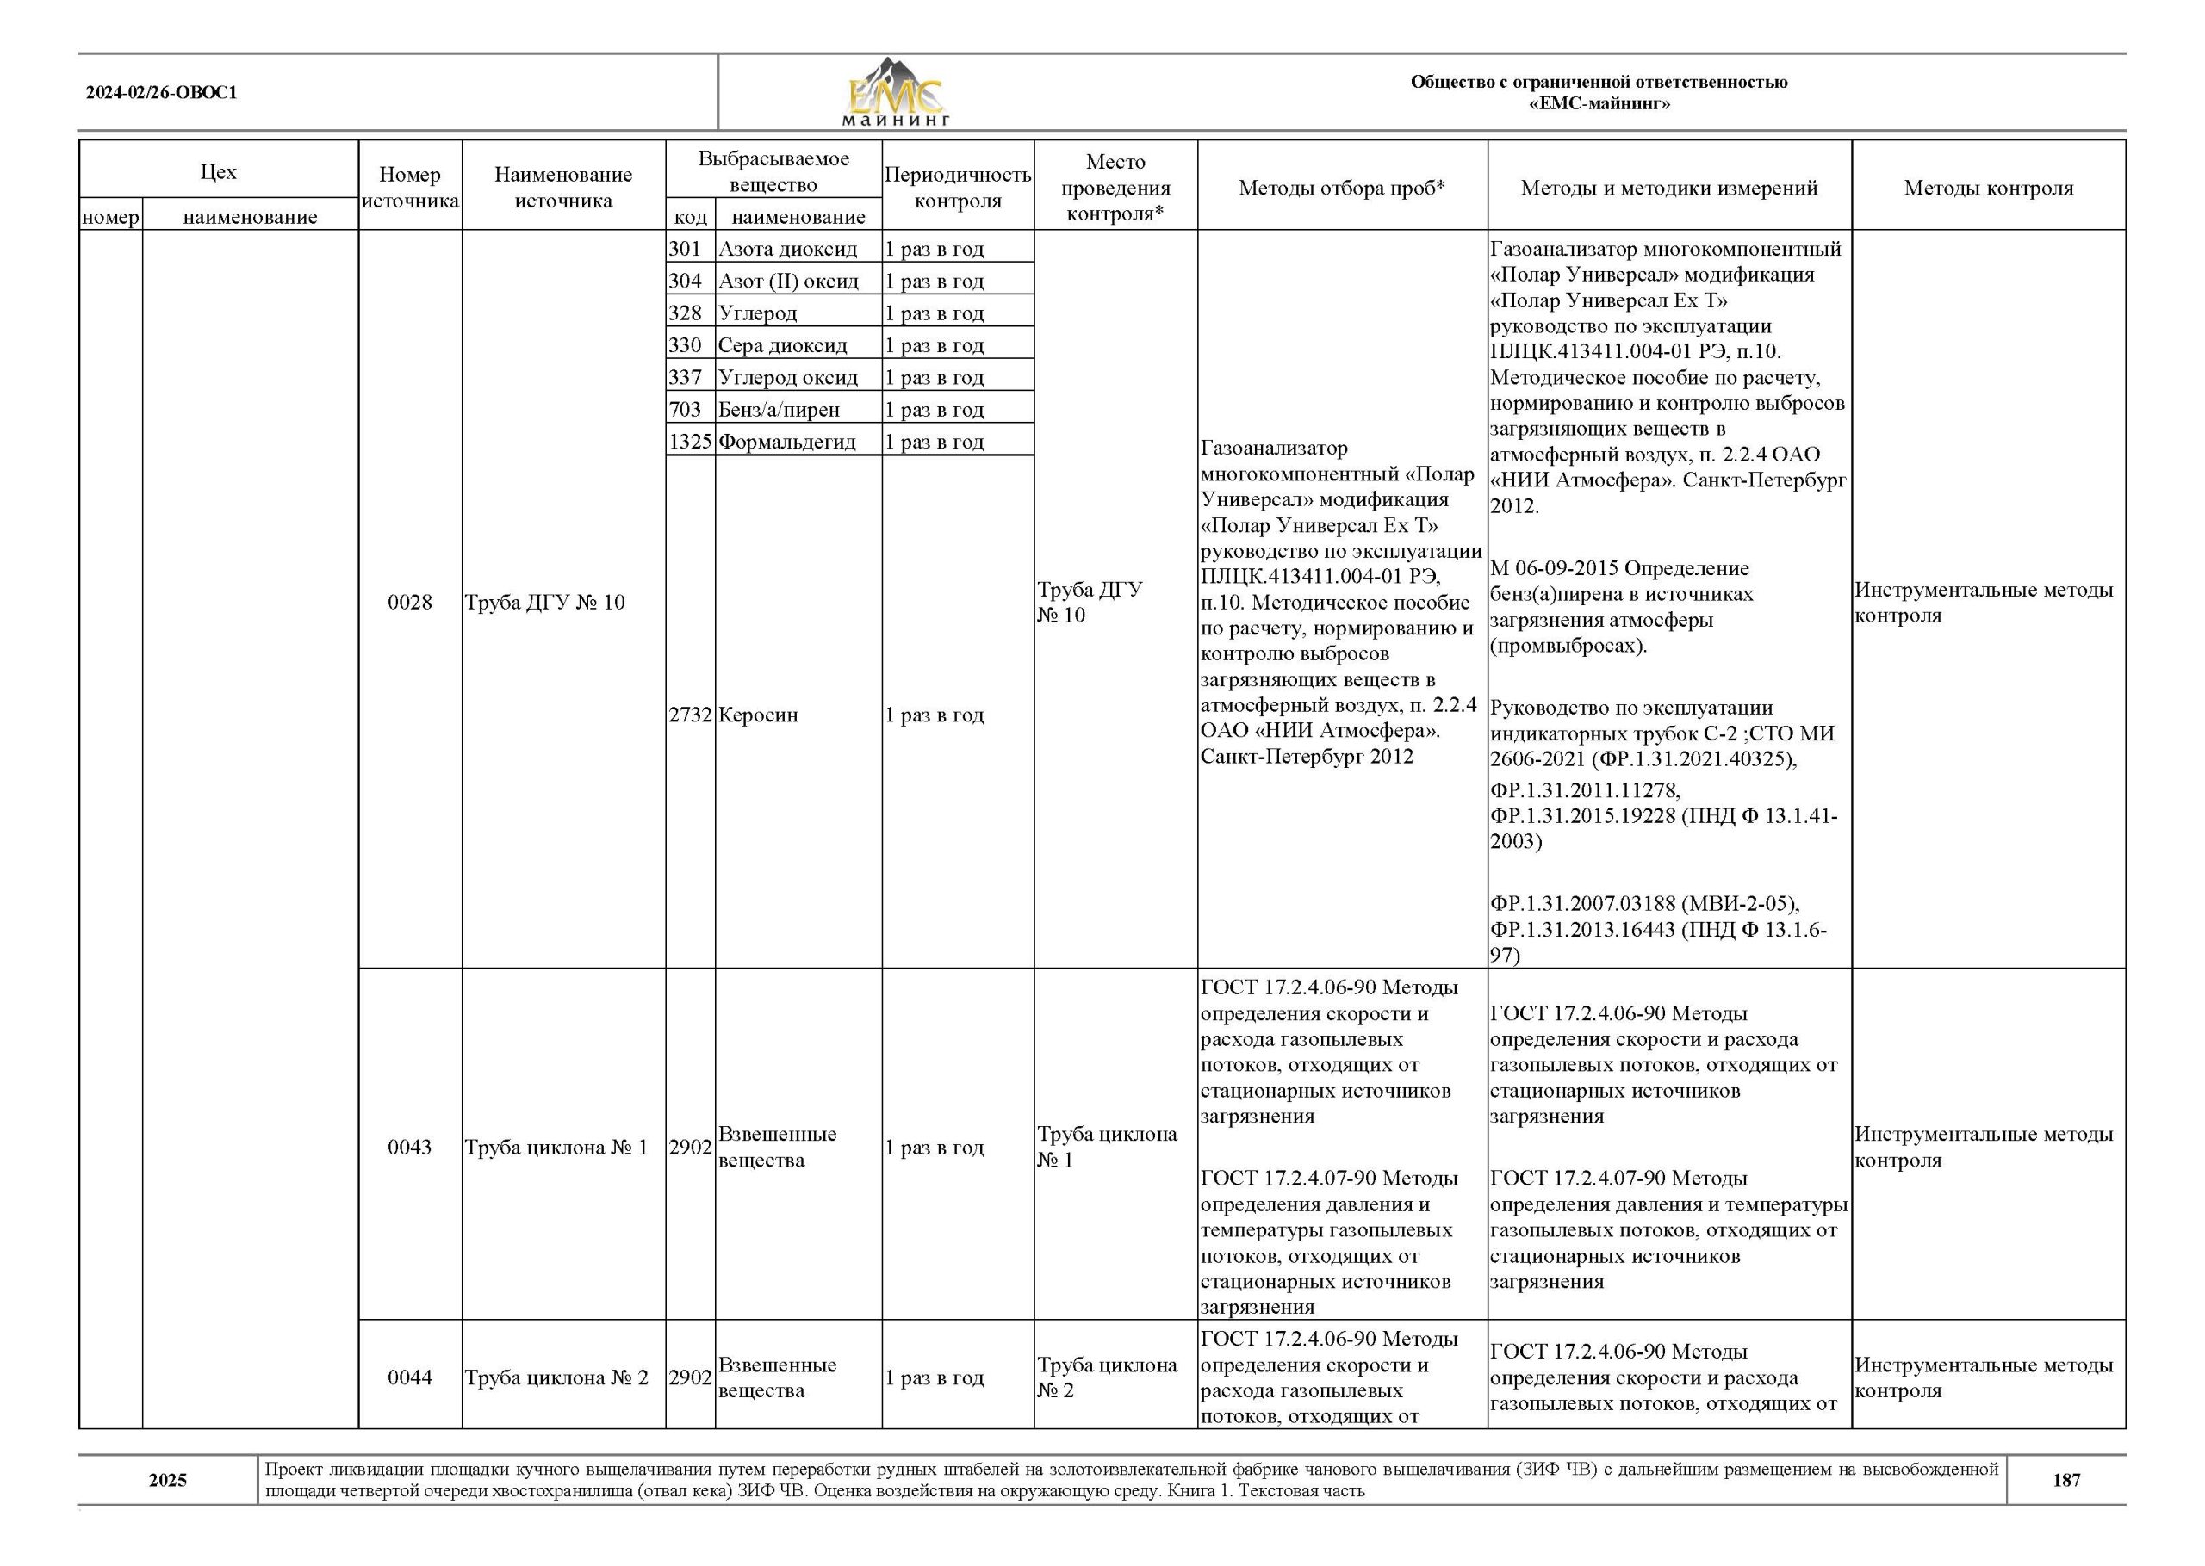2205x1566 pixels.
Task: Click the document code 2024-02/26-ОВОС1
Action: (161, 94)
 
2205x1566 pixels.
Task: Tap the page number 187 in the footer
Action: (2066, 1480)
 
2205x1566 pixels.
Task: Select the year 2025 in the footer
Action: (168, 1480)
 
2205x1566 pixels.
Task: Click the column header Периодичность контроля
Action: (957, 188)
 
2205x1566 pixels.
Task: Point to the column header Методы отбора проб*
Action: (1342, 188)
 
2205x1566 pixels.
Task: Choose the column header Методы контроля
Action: (1988, 188)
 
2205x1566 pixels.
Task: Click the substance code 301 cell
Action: (685, 249)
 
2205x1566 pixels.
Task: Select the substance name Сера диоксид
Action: (782, 345)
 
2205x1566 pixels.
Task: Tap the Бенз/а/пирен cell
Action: (779, 410)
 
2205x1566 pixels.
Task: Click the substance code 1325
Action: (690, 442)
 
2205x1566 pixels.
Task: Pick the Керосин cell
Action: (758, 715)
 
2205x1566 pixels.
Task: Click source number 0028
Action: (410, 603)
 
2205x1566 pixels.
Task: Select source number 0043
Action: (410, 1148)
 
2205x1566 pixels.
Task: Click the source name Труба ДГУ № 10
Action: (545, 603)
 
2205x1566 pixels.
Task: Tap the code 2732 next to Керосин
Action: (690, 715)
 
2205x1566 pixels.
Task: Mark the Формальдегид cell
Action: (787, 442)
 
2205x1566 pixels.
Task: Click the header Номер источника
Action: (410, 188)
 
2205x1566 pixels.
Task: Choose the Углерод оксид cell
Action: (787, 377)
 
